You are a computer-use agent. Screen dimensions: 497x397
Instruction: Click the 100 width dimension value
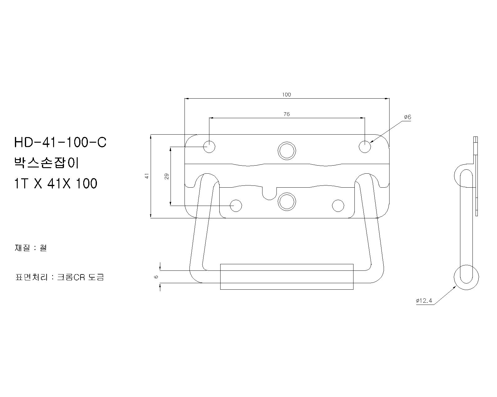coord(286,95)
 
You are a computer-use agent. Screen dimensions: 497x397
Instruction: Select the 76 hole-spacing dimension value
coord(286,114)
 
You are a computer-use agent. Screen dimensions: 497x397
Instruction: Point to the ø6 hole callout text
coord(408,117)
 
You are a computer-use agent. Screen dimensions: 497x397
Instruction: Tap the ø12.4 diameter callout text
coord(424,301)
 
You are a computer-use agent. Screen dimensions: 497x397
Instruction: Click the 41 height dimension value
coord(147,176)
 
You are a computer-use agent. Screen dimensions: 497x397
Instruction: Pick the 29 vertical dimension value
coord(167,176)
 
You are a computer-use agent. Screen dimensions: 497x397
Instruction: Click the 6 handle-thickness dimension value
coord(156,277)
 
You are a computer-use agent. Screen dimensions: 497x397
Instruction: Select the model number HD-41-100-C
coord(60,142)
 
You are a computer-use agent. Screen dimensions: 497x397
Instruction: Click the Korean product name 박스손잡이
coord(47,163)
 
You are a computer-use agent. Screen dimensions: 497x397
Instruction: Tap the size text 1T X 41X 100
coord(56,183)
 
